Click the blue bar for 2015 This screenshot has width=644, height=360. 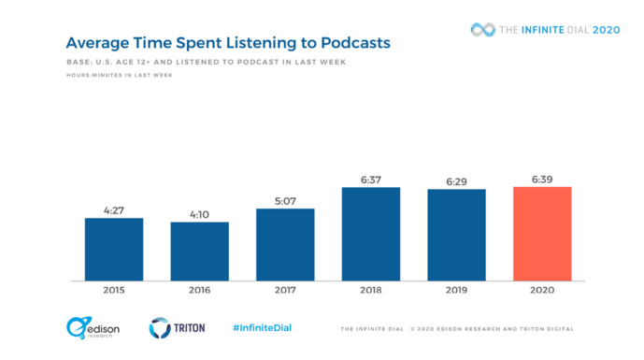(x=114, y=249)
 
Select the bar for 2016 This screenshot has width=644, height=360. (x=199, y=251)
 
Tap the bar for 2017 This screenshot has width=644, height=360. (x=285, y=244)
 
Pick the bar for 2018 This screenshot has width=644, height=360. (x=371, y=234)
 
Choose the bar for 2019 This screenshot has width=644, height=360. (x=456, y=235)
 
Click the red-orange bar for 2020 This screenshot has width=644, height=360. (x=542, y=234)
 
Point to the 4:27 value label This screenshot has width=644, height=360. (x=114, y=210)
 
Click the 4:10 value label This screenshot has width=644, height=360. (x=199, y=214)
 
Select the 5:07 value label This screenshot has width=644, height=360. (x=285, y=200)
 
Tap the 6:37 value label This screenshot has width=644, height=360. (x=371, y=180)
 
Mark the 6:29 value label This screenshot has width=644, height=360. (x=456, y=181)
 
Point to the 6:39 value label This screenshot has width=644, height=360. (x=542, y=179)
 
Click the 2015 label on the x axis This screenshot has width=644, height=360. (x=114, y=291)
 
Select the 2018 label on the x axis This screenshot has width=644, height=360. (x=371, y=291)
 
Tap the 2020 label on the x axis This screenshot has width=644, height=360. (x=542, y=291)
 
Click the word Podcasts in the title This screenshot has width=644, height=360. (x=350, y=43)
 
